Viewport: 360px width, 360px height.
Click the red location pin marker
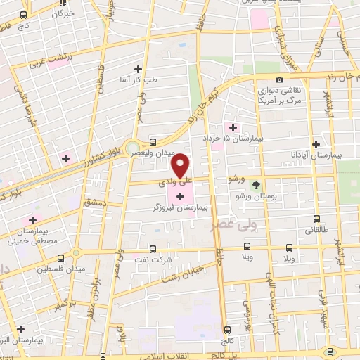point(181,166)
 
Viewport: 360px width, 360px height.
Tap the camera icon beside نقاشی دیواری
point(280,80)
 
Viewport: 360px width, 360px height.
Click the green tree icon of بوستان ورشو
point(255,184)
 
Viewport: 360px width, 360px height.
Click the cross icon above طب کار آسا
point(138,69)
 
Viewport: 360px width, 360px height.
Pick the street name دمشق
point(94,202)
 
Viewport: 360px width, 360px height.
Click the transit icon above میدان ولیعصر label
point(154,141)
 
